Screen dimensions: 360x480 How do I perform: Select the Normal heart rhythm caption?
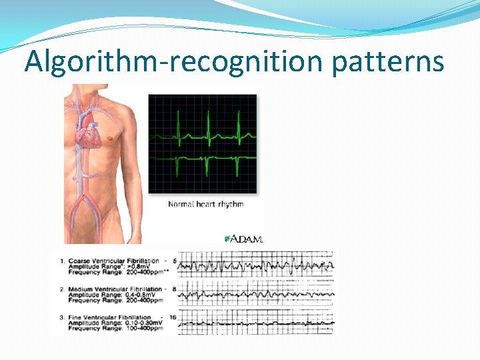point(205,204)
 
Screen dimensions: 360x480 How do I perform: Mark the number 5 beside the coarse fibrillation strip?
point(175,260)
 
